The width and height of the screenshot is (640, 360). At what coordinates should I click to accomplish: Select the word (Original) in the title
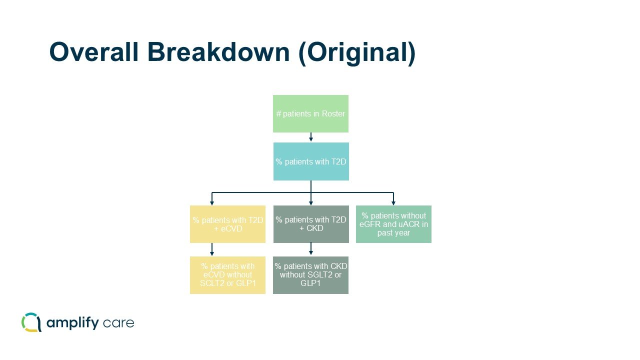356,52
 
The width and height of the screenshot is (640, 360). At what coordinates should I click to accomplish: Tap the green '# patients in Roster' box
310,113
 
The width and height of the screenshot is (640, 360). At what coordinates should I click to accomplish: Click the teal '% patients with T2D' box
311,161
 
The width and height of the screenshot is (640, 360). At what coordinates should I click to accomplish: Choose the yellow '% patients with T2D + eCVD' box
227,224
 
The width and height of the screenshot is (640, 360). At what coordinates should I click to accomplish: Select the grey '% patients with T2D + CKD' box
311,224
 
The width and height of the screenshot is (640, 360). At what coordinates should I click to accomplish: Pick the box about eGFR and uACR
393,224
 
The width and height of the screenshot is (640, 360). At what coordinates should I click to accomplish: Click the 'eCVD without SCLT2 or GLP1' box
227,275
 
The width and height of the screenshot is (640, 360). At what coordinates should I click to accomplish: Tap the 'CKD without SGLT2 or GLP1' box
310,275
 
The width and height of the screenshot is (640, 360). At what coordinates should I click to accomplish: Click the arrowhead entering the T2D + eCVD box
212,202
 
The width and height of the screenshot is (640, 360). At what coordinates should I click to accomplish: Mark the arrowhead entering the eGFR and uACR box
393,202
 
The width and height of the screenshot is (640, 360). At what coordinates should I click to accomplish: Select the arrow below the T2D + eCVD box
212,249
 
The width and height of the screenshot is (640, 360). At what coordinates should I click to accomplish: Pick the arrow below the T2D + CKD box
311,249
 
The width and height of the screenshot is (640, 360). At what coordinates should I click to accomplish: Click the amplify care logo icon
31,322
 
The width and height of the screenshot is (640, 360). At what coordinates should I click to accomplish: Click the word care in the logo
119,323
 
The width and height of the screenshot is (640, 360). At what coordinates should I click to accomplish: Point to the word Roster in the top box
333,114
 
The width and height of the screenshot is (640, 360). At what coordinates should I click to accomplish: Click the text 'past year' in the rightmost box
393,233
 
